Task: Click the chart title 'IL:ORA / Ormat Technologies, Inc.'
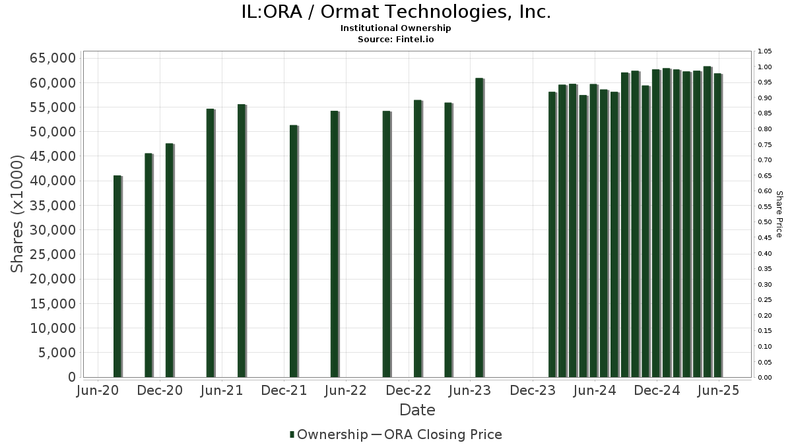[x=395, y=13]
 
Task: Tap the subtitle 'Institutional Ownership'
[x=395, y=28]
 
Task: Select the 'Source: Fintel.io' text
[x=395, y=40]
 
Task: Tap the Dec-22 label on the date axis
[x=409, y=390]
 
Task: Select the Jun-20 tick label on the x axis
[x=98, y=390]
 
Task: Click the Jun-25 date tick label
[x=718, y=390]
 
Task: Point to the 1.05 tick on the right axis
[x=764, y=51]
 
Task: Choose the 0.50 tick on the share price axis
[x=764, y=222]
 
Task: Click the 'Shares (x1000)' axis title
[x=18, y=214]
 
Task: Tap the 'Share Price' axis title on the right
[x=779, y=214]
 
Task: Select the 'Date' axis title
[x=417, y=410]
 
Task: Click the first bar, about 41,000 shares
[x=117, y=276]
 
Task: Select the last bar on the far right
[x=717, y=225]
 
